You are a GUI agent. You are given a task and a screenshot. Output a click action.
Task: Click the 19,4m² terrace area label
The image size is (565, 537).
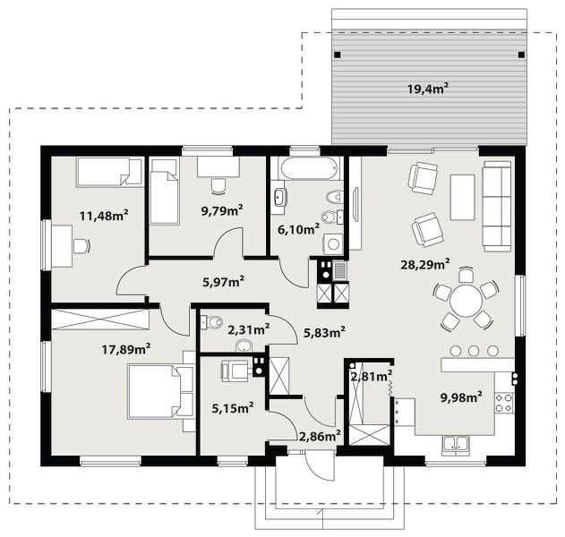point(428,89)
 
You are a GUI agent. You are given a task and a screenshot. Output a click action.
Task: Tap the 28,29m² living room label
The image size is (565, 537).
point(424,264)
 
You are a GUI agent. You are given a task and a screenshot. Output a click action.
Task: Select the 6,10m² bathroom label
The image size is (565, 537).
point(298,229)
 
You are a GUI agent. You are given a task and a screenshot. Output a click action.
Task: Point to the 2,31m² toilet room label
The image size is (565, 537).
point(249,329)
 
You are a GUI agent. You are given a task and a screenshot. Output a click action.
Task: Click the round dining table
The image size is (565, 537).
point(466,301)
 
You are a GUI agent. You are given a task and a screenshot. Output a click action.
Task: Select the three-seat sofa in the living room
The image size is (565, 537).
point(497,206)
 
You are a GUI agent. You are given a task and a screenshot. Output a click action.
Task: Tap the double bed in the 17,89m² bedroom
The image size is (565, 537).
point(160,391)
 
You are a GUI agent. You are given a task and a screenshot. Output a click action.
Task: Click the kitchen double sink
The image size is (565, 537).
point(456,443)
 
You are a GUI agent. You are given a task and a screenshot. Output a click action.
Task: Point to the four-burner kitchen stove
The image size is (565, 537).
point(504,403)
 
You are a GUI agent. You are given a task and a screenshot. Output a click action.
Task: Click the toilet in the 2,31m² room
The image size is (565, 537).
point(211,321)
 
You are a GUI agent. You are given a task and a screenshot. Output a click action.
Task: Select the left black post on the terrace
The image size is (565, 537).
point(338,55)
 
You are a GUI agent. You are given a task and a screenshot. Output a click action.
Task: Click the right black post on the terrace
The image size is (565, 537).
point(521,55)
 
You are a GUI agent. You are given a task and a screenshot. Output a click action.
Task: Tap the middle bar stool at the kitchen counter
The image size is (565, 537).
point(474,351)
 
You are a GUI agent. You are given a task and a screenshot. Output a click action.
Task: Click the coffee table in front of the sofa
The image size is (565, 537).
point(462,198)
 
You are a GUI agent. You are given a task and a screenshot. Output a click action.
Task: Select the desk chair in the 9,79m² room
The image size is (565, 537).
point(218,186)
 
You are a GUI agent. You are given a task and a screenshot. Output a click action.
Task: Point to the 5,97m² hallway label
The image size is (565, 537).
point(224,282)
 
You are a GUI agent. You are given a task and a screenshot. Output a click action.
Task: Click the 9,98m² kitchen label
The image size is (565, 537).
point(462,396)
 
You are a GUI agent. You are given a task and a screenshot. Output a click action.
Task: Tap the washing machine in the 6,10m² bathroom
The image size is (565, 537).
point(333,243)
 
